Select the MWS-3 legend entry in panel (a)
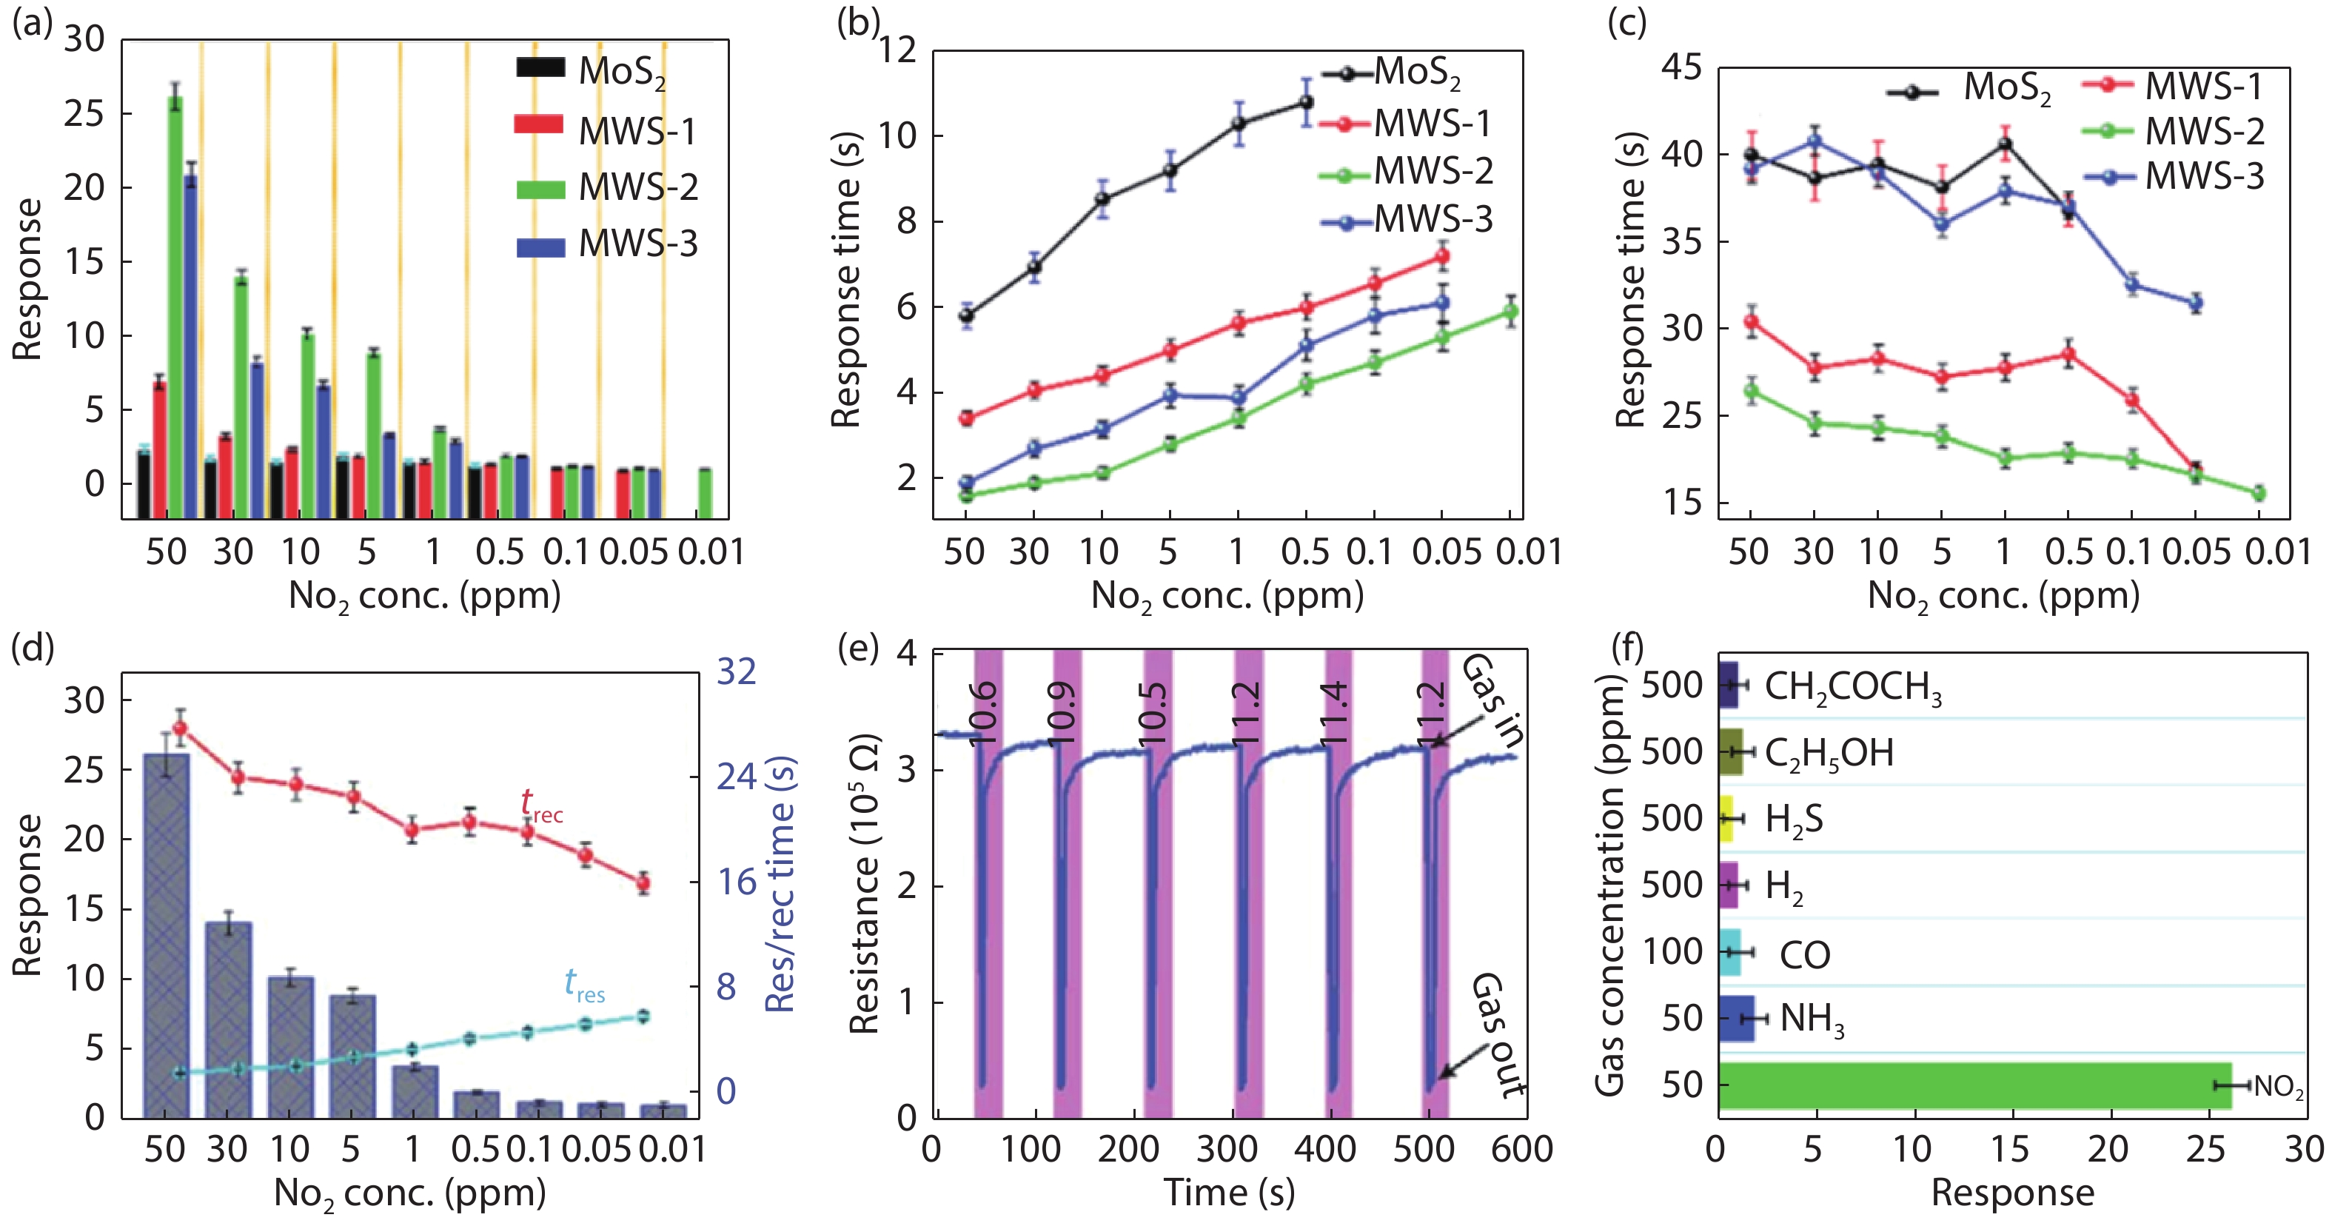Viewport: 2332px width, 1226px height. [x=606, y=244]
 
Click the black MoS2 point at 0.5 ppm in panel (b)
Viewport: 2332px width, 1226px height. [x=1305, y=102]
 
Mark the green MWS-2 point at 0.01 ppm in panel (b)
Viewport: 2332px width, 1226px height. [x=1510, y=312]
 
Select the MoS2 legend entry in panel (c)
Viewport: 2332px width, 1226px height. [x=1969, y=89]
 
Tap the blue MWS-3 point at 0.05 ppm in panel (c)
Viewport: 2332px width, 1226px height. [x=2195, y=304]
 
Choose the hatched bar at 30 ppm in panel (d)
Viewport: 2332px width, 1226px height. [x=228, y=1019]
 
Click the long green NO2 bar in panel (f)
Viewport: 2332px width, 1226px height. [x=1974, y=1085]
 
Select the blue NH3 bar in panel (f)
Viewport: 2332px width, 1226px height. [x=1735, y=1019]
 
